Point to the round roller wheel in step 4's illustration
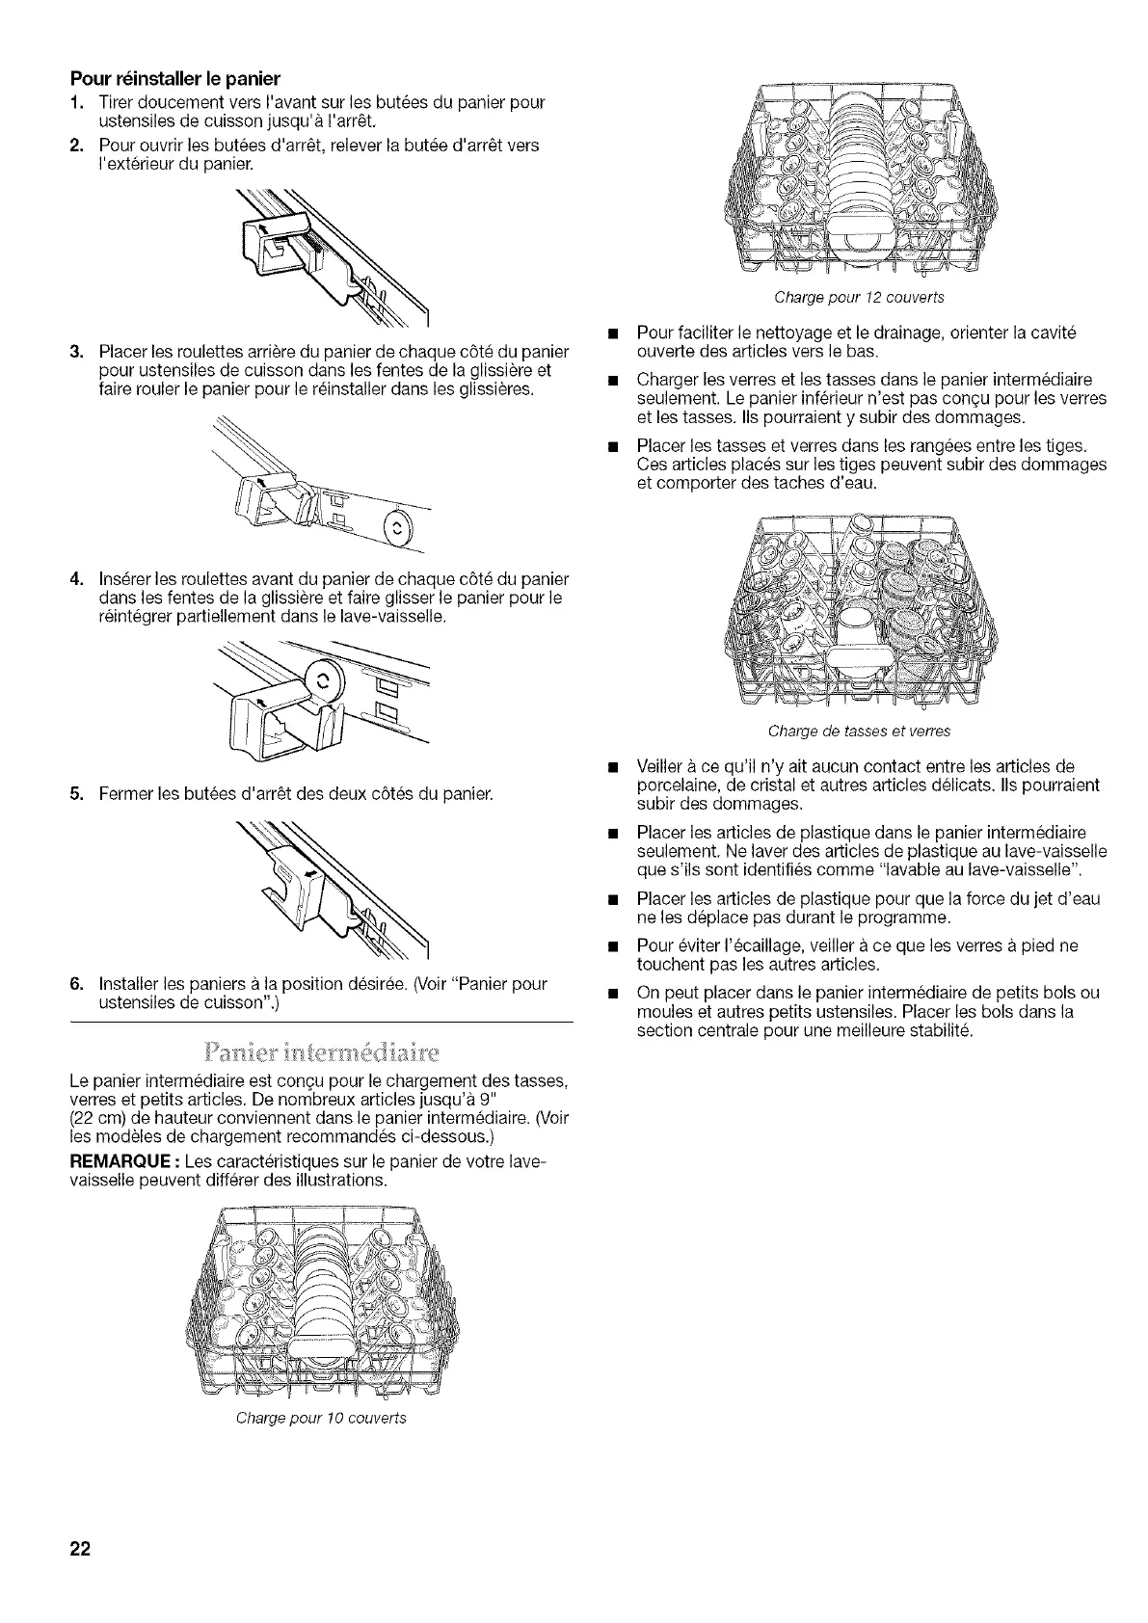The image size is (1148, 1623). click(x=322, y=679)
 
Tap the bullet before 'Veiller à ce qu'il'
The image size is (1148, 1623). click(x=610, y=768)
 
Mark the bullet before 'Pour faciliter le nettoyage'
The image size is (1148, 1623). click(x=610, y=333)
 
